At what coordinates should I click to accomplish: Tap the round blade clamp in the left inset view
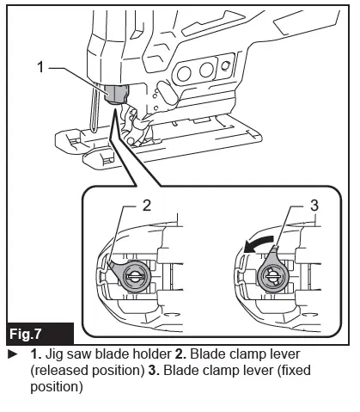pyautogui.click(x=135, y=276)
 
